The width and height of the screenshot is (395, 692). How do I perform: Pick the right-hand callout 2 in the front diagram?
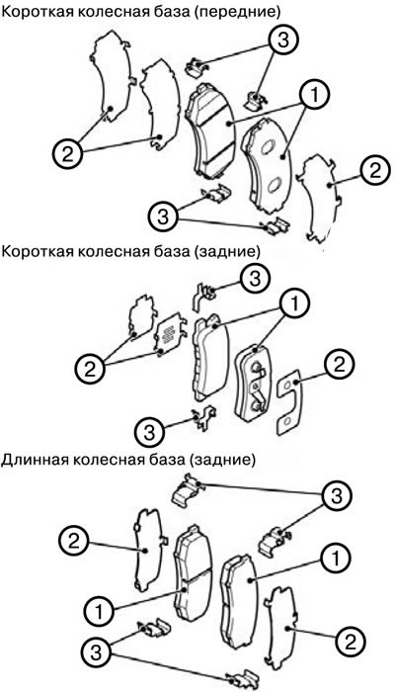click(375, 171)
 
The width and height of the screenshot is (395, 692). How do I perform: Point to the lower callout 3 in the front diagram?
click(164, 216)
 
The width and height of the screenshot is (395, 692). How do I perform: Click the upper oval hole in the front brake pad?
click(268, 148)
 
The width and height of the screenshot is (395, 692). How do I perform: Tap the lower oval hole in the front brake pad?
click(275, 185)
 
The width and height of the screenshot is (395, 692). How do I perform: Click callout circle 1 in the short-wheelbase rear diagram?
click(294, 304)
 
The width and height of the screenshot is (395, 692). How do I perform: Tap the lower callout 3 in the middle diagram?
click(150, 431)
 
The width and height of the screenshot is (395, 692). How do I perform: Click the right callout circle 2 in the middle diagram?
click(339, 366)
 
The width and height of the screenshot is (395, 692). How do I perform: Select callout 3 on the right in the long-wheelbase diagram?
click(338, 496)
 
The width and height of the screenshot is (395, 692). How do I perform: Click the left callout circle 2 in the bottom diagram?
click(75, 542)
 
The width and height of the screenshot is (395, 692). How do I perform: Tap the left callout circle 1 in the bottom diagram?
click(99, 612)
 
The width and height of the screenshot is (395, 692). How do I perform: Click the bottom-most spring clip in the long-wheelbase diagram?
click(242, 680)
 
